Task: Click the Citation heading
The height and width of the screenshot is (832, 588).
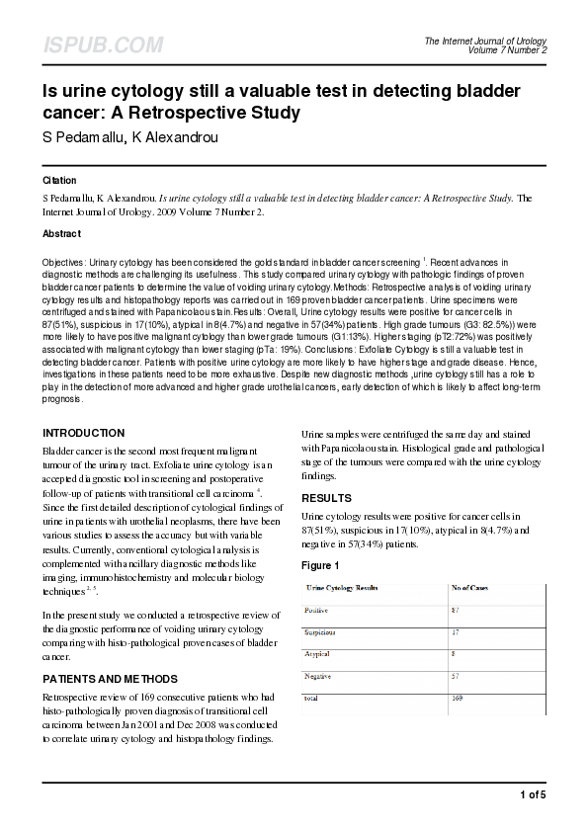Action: click(x=59, y=182)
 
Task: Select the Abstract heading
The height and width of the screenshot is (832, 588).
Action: click(x=61, y=234)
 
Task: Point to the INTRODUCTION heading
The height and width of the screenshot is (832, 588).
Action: click(x=83, y=433)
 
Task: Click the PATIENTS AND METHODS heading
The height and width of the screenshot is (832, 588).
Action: click(x=110, y=679)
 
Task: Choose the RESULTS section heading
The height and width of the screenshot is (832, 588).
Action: click(x=325, y=498)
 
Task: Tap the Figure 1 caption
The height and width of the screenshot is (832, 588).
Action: click(x=320, y=565)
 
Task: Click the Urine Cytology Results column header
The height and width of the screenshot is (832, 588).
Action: click(x=342, y=588)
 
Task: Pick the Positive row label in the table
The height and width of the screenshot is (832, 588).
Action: click(x=318, y=611)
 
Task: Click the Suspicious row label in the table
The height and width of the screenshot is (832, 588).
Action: click(x=321, y=632)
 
